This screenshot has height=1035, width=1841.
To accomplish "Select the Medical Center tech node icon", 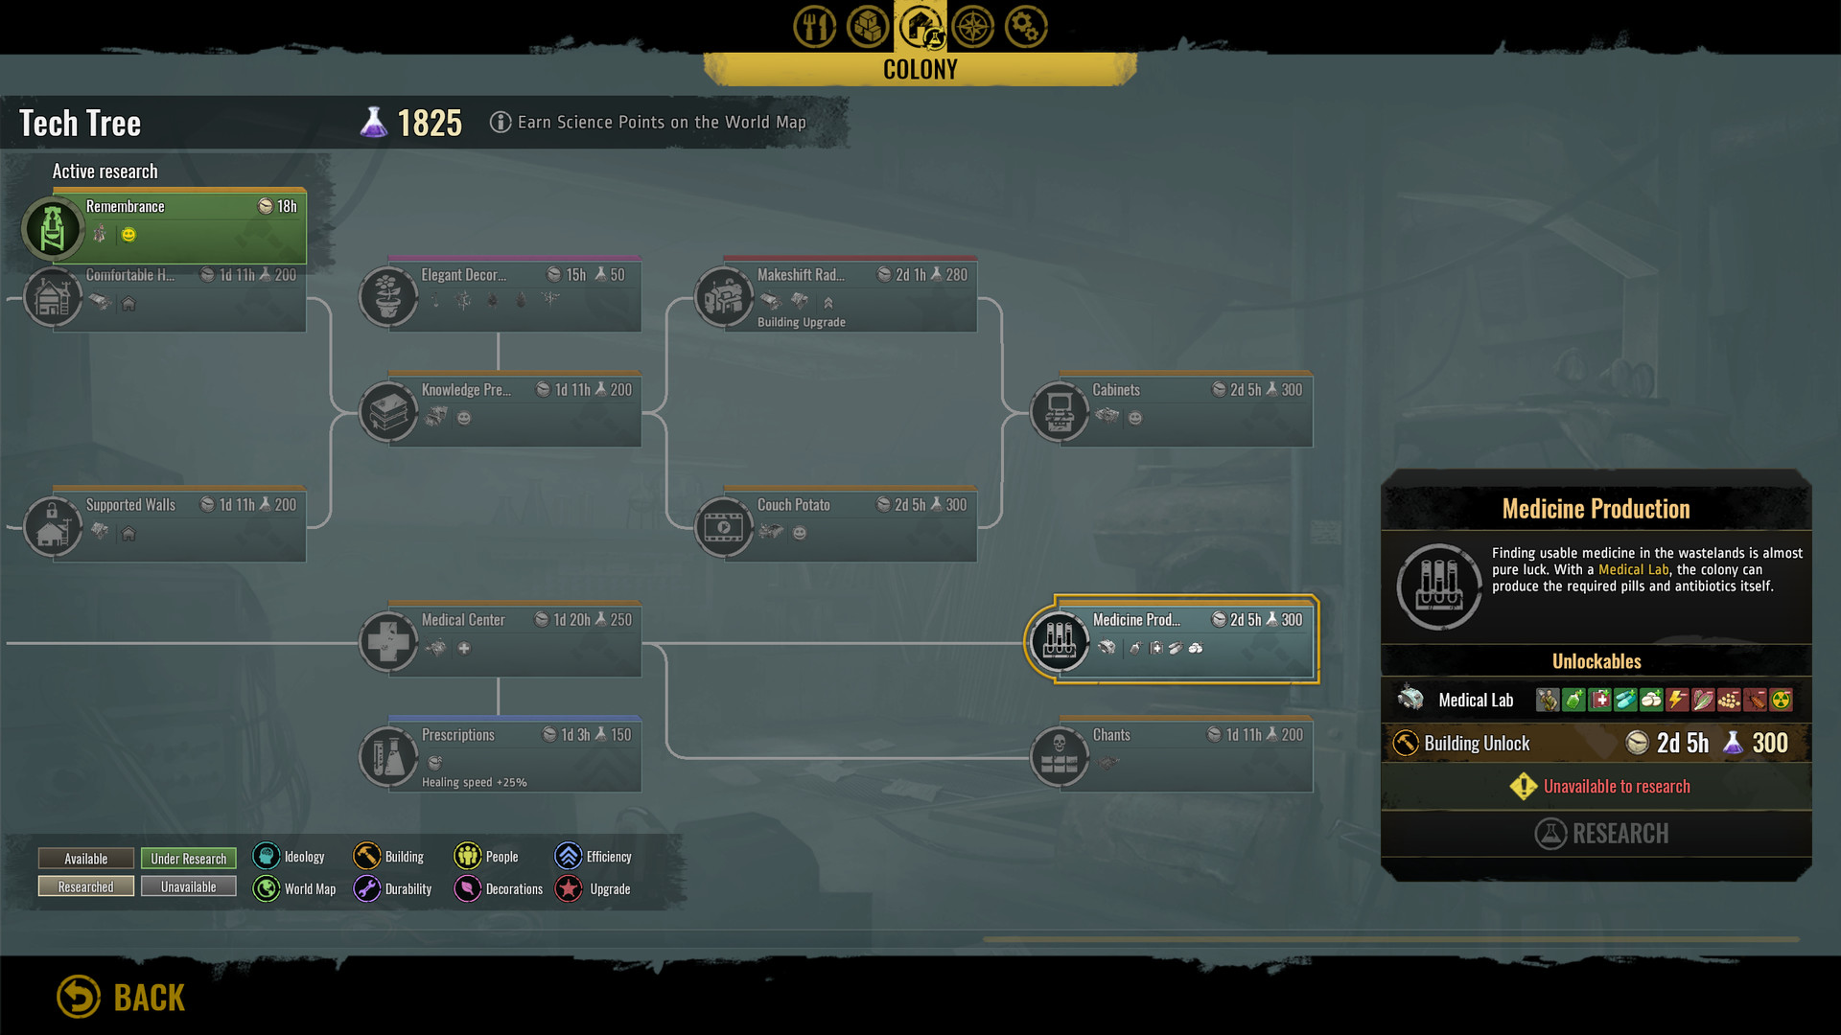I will coord(388,641).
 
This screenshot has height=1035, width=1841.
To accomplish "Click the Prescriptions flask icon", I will coord(388,756).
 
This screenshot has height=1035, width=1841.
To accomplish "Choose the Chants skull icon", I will coord(1060,756).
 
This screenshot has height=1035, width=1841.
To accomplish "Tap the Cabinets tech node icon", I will coord(1060,411).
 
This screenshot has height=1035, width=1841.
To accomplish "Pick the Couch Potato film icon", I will coord(724,526).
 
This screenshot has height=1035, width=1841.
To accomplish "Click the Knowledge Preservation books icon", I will coord(388,411).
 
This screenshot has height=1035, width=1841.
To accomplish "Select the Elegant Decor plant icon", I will coord(388,296).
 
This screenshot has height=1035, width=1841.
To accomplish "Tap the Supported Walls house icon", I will coord(53,526).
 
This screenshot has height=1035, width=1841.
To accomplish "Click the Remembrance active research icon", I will coord(53,228).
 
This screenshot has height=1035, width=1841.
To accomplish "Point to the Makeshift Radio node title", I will coord(801,275).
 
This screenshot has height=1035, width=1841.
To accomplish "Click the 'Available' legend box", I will coord(86,859).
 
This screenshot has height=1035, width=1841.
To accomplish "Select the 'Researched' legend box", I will coord(86,887).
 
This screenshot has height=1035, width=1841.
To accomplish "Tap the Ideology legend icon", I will coord(267,856).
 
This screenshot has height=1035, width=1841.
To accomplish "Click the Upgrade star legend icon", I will coord(569,888).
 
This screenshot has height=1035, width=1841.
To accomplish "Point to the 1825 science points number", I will coord(430,124).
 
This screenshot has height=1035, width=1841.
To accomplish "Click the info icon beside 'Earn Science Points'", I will coord(501,122).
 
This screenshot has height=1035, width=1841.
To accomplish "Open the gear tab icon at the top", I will coord(1025,27).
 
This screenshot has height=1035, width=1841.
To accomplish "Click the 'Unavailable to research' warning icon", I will coord(1523,787).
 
